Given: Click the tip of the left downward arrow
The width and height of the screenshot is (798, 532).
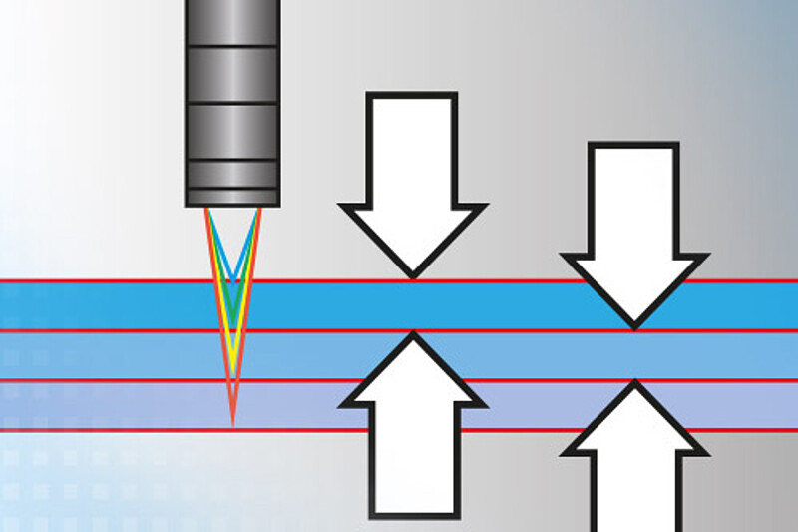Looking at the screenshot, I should click(x=412, y=274).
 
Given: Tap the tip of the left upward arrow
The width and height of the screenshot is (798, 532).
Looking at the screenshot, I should click(x=412, y=334).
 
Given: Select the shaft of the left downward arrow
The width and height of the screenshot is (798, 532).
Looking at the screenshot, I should click(x=412, y=150).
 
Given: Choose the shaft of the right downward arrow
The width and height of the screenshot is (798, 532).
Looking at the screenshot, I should click(x=634, y=200).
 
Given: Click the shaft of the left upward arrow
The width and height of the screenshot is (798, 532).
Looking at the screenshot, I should click(x=412, y=459).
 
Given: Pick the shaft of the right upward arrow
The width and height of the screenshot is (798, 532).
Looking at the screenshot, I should click(x=634, y=489).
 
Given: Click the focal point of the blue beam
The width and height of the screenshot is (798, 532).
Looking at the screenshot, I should click(x=232, y=281).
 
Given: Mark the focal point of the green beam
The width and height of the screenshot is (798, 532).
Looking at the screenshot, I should click(x=232, y=330).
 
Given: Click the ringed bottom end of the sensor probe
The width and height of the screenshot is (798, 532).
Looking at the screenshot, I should click(x=232, y=190).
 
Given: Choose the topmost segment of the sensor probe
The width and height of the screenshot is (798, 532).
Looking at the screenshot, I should click(x=232, y=20).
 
